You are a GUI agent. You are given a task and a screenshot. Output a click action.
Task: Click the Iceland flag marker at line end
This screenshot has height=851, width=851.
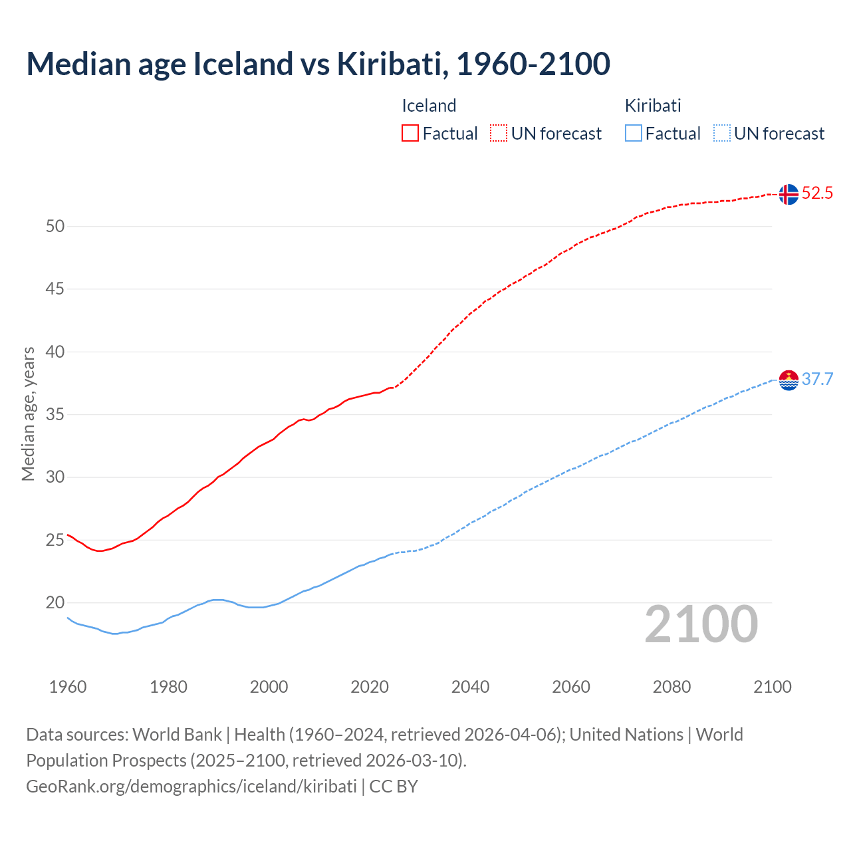(788, 194)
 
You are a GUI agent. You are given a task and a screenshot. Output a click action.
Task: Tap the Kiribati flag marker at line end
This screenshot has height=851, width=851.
(788, 380)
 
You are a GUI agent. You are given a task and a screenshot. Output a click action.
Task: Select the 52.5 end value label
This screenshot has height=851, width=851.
(817, 193)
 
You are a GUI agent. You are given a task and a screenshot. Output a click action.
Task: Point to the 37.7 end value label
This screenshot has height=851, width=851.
(817, 379)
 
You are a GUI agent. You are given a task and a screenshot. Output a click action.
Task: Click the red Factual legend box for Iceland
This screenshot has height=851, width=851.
(410, 133)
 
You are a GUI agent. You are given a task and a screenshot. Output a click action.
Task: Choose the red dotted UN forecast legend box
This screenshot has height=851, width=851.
(499, 133)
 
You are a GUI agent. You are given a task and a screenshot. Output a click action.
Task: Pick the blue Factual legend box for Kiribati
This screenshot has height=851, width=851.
(633, 133)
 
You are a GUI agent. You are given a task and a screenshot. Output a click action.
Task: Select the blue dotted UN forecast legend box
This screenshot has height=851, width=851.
(721, 133)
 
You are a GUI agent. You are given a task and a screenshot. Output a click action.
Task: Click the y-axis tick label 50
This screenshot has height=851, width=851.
(55, 226)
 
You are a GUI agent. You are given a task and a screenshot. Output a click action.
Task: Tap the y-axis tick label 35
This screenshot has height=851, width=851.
(55, 415)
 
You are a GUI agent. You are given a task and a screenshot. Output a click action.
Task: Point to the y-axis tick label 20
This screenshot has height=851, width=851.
(55, 603)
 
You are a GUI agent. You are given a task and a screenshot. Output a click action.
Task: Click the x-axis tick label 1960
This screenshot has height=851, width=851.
(68, 687)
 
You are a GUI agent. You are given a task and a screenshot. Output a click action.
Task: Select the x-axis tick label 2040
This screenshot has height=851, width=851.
(470, 687)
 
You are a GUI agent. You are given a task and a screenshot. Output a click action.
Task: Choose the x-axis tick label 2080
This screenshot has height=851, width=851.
(671, 687)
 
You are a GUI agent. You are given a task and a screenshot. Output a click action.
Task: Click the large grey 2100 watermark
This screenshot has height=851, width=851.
(701, 624)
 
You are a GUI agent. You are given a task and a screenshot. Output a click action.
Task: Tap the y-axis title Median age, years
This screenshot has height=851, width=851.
(28, 414)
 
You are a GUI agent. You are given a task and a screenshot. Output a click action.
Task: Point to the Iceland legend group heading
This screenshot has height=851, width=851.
(429, 106)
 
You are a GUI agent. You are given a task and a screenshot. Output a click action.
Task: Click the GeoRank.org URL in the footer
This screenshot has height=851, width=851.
(191, 786)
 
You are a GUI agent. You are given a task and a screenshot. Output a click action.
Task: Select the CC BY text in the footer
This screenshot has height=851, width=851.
(394, 786)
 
